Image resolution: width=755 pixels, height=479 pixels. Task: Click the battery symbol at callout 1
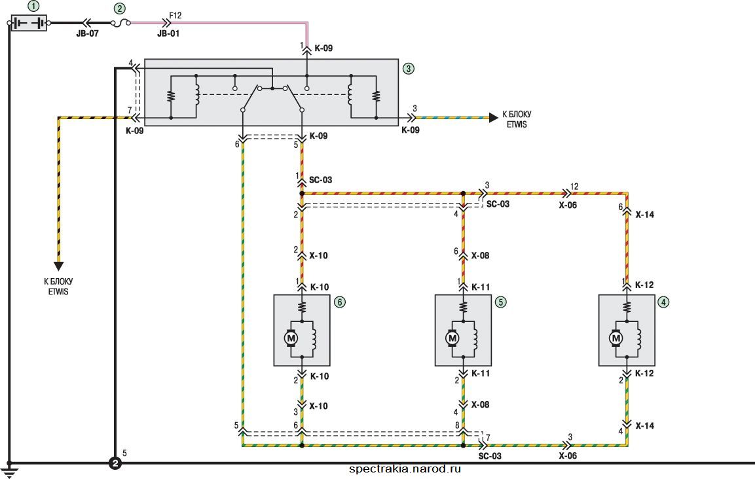29,23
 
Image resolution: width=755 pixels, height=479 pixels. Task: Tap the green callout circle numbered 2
119,9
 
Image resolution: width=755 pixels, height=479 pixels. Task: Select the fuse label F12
175,16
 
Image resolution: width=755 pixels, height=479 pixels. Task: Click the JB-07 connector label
87,33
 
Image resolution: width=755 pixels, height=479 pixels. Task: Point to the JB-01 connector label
168,33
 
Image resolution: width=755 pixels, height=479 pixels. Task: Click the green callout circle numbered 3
409,68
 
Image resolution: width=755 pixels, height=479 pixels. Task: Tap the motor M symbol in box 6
291,338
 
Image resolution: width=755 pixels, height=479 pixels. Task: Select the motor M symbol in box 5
452,338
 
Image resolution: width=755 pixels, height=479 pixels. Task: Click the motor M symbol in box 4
616,338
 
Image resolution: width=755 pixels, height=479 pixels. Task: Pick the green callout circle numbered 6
340,302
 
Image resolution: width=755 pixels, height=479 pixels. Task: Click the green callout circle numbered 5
501,302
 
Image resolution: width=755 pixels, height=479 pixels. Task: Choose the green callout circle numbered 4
664,302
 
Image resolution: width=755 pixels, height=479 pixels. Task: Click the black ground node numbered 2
115,463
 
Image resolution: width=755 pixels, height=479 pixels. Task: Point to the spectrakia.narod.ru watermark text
405,469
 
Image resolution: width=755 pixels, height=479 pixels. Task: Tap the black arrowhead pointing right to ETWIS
494,118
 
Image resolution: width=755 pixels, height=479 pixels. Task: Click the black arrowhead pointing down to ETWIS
59,266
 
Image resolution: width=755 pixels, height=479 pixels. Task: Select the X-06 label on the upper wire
568,205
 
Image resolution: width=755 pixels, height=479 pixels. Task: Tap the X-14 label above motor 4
645,215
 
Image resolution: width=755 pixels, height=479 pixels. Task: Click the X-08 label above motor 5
480,256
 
